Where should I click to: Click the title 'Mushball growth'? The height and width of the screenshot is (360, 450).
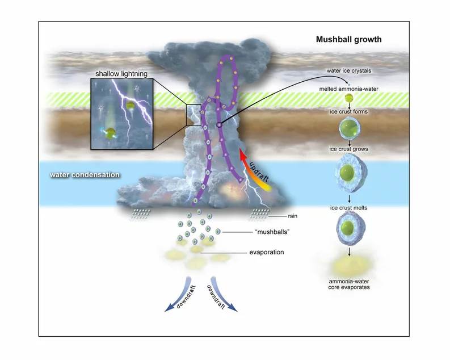pos(348,40)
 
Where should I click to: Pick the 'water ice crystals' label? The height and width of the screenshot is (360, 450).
pos(349,70)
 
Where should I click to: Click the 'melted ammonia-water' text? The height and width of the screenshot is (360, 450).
pos(349,88)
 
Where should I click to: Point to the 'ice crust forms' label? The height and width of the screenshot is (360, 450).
pos(349,111)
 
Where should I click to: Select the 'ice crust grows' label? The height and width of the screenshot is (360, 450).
pos(349,149)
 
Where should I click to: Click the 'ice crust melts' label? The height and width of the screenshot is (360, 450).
pos(349,207)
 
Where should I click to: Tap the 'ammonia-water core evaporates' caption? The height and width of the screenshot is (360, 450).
pos(349,284)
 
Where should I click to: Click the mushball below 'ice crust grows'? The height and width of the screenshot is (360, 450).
pos(349,175)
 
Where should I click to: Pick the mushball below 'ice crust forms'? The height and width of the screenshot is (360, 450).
pos(348,129)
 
